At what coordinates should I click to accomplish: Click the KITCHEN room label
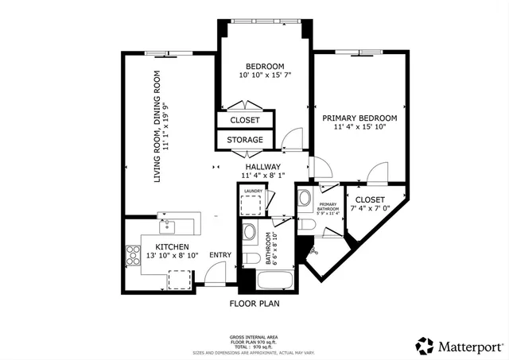click(171, 246)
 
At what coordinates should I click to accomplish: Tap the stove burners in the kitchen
click(132, 255)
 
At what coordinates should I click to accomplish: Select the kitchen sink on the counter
click(168, 219)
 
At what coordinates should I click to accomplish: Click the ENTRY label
click(220, 255)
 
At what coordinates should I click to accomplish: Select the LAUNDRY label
click(253, 191)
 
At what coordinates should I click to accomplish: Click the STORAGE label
click(245, 140)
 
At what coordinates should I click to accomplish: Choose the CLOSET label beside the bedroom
click(245, 120)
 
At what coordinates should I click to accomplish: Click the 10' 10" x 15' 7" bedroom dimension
click(265, 75)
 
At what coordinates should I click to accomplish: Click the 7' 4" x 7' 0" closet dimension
click(370, 209)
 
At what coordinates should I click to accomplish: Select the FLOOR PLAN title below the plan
click(254, 303)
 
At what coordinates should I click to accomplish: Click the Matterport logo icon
click(424, 346)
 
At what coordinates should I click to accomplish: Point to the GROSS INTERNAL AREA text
click(254, 337)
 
